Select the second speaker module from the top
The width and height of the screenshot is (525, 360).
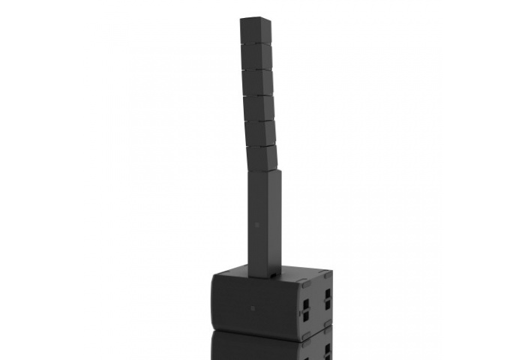(256, 58)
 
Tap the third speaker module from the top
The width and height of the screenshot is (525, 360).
(258, 82)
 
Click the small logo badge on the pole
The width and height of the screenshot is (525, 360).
(256, 226)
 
